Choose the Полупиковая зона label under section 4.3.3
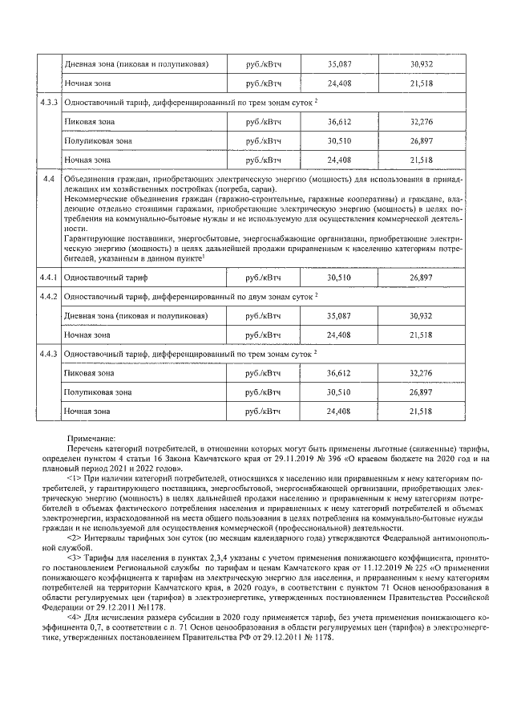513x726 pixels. click(97, 141)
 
